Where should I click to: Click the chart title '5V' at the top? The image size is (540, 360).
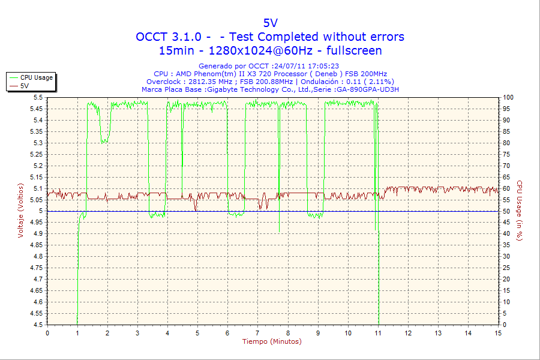click(270, 23)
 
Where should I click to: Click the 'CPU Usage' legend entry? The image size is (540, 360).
click(36, 77)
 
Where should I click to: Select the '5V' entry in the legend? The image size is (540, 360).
click(25, 86)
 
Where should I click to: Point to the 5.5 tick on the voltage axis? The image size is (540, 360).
click(38, 97)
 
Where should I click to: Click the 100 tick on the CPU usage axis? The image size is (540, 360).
click(508, 97)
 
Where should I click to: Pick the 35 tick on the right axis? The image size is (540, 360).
click(506, 245)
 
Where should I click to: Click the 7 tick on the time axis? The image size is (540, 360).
click(258, 332)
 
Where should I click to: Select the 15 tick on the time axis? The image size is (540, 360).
click(498, 332)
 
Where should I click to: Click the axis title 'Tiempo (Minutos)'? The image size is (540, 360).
click(272, 341)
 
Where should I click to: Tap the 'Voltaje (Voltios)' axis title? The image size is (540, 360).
click(21, 211)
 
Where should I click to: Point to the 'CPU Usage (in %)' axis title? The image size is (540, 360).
click(520, 211)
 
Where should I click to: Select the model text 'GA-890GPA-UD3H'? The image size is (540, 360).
click(367, 89)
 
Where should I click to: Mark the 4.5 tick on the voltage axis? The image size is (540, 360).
click(38, 325)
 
